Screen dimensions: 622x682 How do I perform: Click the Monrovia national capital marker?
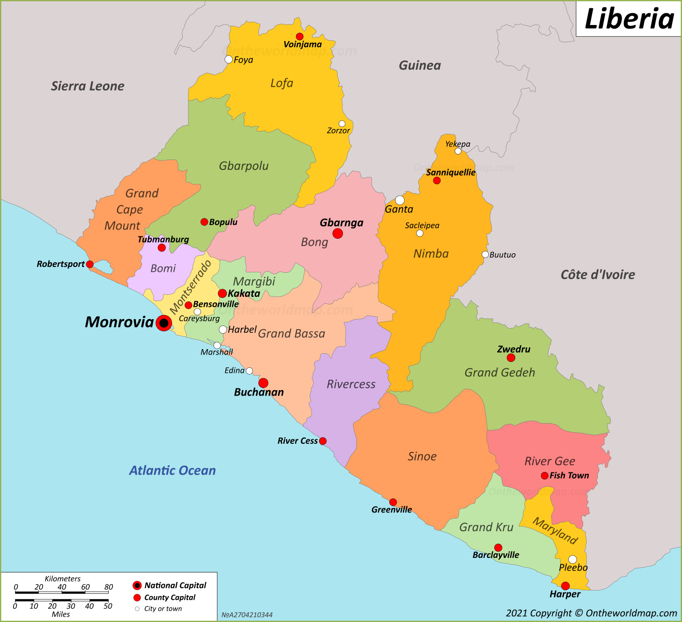click(x=164, y=323)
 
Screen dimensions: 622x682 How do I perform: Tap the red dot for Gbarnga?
click(x=337, y=234)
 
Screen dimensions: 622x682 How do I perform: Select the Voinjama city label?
click(x=302, y=45)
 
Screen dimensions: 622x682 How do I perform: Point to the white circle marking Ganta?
click(x=400, y=200)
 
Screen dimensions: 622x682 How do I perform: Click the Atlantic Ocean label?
click(x=172, y=470)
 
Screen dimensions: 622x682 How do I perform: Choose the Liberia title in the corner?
click(x=629, y=19)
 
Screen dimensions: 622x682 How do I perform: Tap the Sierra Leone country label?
click(x=87, y=86)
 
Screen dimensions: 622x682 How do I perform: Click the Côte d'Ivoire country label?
click(x=597, y=275)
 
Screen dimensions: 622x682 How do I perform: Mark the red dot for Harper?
click(x=565, y=586)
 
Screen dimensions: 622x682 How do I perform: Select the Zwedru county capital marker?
click(x=511, y=358)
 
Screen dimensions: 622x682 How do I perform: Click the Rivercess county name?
click(x=351, y=384)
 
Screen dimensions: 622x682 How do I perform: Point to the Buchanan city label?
click(x=259, y=392)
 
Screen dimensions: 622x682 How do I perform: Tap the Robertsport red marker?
click(x=90, y=264)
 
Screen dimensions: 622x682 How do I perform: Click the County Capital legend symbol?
click(x=137, y=597)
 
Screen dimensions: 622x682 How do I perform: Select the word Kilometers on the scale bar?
click(x=62, y=579)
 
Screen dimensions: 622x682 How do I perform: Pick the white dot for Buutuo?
click(x=485, y=255)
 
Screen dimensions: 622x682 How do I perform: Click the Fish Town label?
click(x=569, y=476)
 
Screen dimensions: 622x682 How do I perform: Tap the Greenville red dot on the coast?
click(x=393, y=502)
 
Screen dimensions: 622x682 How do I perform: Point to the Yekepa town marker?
click(x=458, y=151)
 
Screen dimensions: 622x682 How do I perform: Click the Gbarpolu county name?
click(x=244, y=166)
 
